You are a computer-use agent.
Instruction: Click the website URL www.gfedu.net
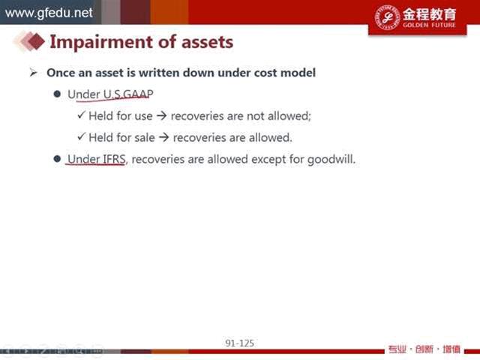pyautogui.click(x=49, y=13)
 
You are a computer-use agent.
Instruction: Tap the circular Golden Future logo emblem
pyautogui.click(x=388, y=17)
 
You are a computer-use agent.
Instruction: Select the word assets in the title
pyautogui.click(x=207, y=42)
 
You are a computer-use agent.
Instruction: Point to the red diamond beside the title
pyautogui.click(x=36, y=40)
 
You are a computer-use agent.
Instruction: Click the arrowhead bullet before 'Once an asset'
pyautogui.click(x=33, y=73)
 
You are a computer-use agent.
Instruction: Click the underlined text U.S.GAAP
pyautogui.click(x=128, y=94)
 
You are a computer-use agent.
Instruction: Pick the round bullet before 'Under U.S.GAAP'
pyautogui.click(x=57, y=94)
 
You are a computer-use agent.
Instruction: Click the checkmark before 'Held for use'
pyautogui.click(x=81, y=115)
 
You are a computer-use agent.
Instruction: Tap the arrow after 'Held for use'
pyautogui.click(x=161, y=116)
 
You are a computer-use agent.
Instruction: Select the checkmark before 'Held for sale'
pyautogui.click(x=81, y=136)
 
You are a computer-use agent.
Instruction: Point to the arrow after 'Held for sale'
pyautogui.click(x=163, y=137)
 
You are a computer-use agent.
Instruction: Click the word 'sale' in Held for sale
pyautogui.click(x=145, y=137)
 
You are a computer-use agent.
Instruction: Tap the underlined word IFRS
pyautogui.click(x=113, y=159)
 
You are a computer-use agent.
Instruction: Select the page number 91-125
pyautogui.click(x=240, y=343)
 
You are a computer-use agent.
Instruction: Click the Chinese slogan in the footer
pyautogui.click(x=424, y=349)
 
